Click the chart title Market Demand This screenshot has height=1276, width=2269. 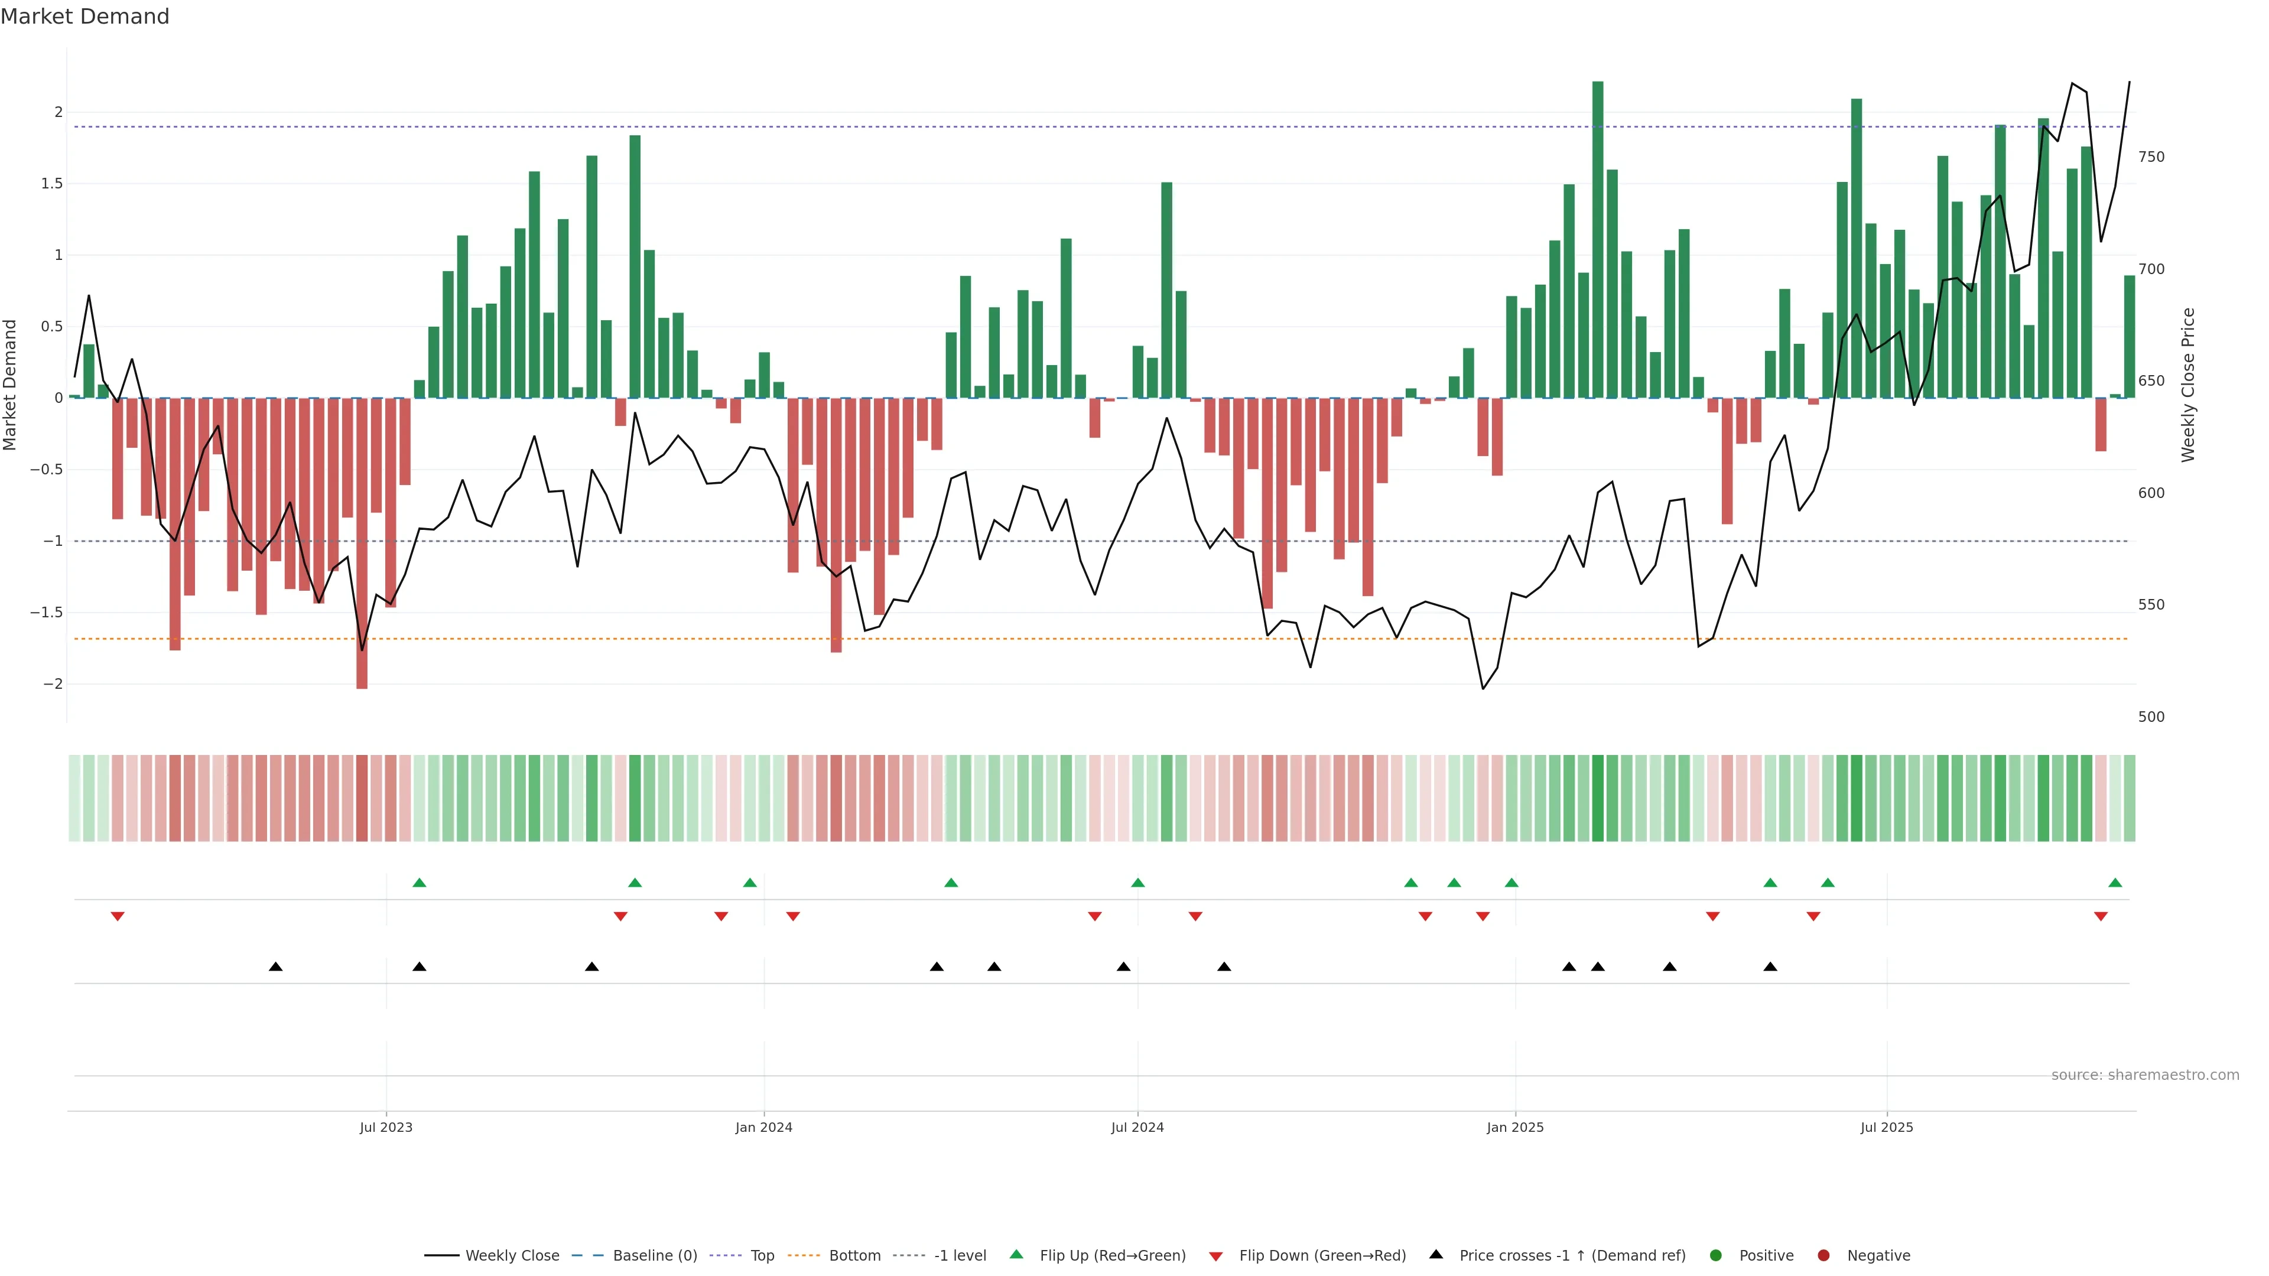84,17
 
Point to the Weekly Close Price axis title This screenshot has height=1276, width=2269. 2188,385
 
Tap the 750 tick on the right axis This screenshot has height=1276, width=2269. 2151,157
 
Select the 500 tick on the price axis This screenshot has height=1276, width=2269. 2151,717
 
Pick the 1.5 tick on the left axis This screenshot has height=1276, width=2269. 52,183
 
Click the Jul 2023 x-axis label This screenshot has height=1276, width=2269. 386,1127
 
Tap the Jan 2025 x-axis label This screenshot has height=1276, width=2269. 1515,1127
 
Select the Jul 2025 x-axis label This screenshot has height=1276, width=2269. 1887,1127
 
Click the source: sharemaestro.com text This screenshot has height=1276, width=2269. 2145,1075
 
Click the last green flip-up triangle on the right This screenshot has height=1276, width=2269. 2115,883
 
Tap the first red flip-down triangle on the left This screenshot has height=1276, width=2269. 117,917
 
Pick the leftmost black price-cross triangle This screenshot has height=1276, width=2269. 276,967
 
